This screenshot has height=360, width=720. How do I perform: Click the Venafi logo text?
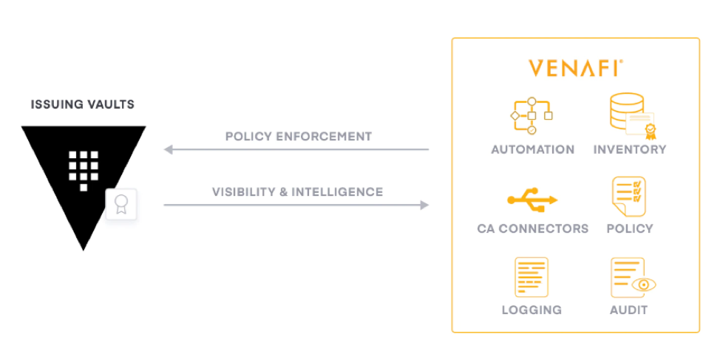pyautogui.click(x=575, y=68)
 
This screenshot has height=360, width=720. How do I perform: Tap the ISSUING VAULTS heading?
pyautogui.click(x=83, y=105)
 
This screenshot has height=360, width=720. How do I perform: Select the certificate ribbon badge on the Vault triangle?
pyautogui.click(x=121, y=204)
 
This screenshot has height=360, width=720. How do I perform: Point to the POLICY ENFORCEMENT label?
pyautogui.click(x=299, y=136)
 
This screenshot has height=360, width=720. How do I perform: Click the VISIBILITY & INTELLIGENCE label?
pyautogui.click(x=298, y=191)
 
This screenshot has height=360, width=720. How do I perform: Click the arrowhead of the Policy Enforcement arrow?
pyautogui.click(x=168, y=149)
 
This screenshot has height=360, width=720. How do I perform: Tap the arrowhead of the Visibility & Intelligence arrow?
pyautogui.click(x=425, y=205)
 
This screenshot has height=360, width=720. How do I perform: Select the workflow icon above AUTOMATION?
pyautogui.click(x=531, y=116)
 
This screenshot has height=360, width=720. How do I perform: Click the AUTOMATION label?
pyautogui.click(x=533, y=150)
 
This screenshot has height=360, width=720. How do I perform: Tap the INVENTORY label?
pyautogui.click(x=630, y=150)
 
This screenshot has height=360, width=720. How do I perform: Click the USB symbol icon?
pyautogui.click(x=532, y=200)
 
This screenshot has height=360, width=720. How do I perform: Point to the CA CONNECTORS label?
pyautogui.click(x=533, y=228)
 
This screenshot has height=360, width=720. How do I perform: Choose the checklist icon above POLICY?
pyautogui.click(x=628, y=197)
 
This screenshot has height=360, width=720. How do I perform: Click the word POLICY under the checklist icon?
pyautogui.click(x=630, y=228)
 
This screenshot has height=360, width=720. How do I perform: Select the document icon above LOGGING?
pyautogui.click(x=531, y=277)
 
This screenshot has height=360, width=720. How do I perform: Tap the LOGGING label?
pyautogui.click(x=531, y=310)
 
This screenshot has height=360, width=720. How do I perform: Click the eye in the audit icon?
pyautogui.click(x=644, y=285)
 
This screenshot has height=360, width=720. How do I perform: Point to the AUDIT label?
pyautogui.click(x=628, y=310)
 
